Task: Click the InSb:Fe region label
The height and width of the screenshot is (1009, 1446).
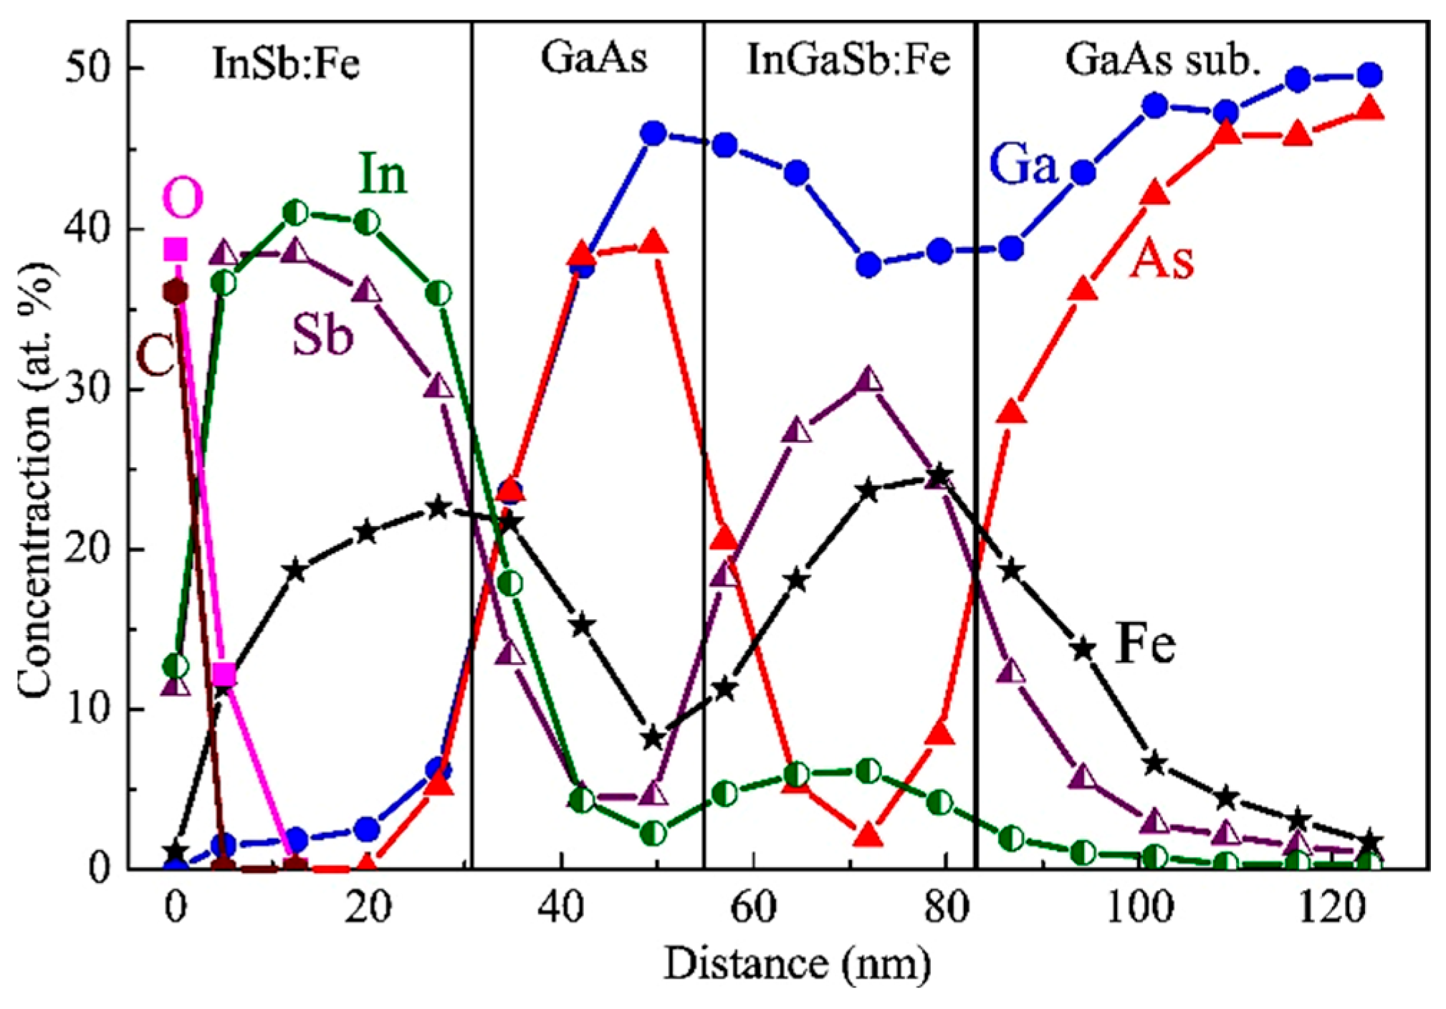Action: coord(286,62)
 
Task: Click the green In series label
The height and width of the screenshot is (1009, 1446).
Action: coord(383,173)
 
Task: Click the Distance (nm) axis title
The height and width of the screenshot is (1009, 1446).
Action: coord(797,964)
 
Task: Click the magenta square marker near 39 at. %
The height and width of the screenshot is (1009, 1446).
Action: coord(176,249)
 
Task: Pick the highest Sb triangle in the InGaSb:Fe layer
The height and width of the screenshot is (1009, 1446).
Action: coord(868,380)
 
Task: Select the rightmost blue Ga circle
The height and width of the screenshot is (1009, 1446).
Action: coord(1370,75)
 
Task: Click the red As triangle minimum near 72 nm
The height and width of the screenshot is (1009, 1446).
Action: coord(868,835)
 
